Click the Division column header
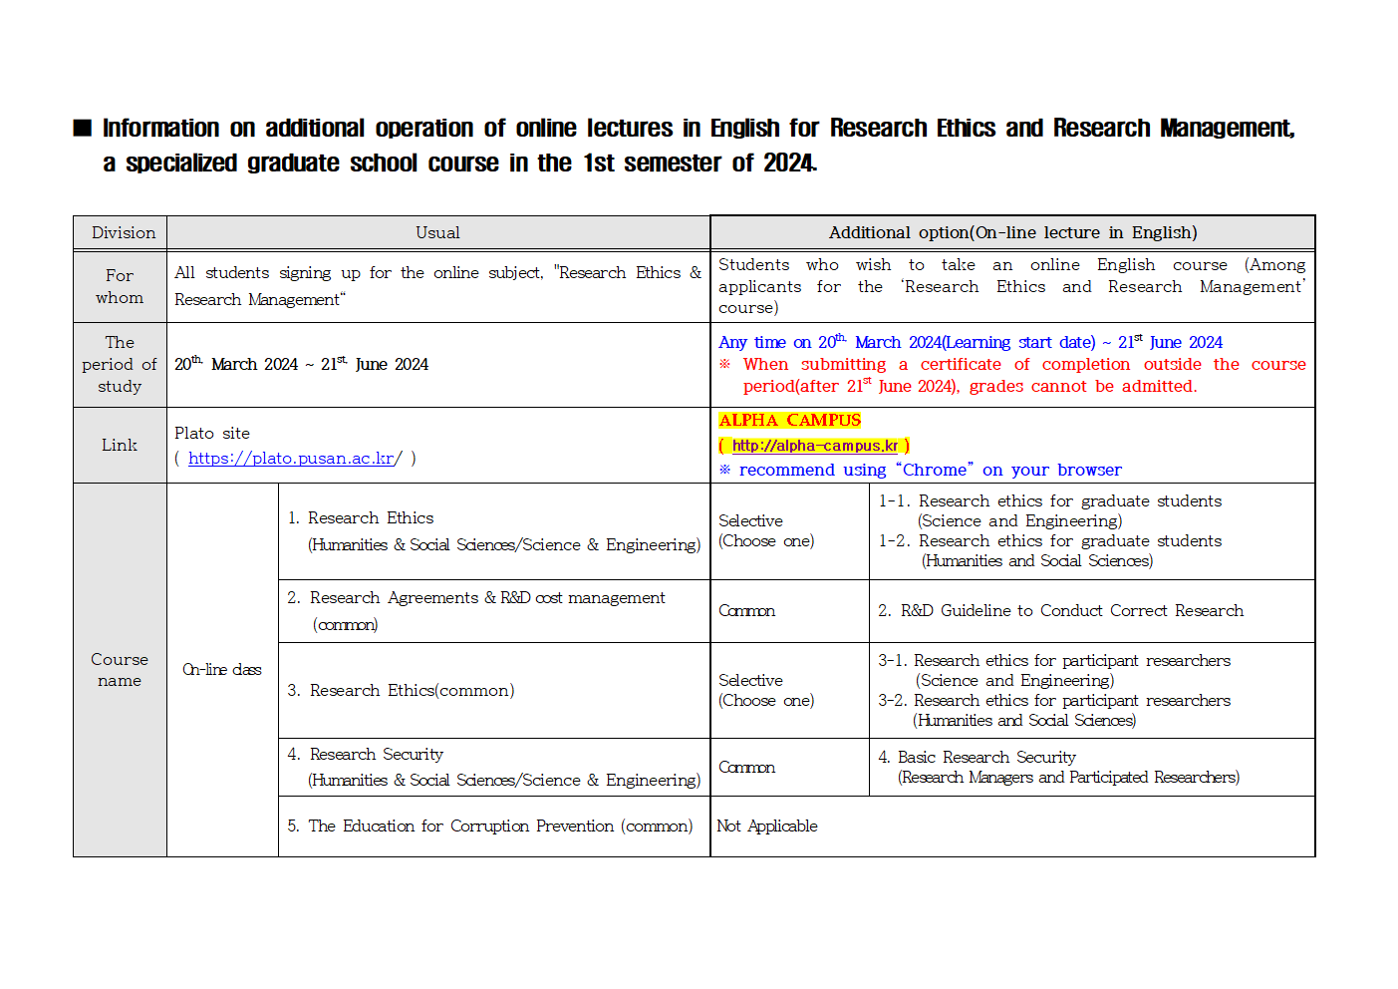click(x=124, y=233)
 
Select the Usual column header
click(x=437, y=233)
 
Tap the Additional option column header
click(x=1012, y=233)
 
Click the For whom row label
click(x=120, y=287)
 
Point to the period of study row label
click(x=120, y=365)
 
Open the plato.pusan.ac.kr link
click(x=293, y=459)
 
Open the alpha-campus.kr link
click(x=814, y=446)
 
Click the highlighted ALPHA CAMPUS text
click(x=789, y=421)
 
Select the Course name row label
click(x=120, y=670)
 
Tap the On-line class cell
click(x=222, y=670)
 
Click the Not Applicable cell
click(x=767, y=826)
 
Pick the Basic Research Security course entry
click(x=1058, y=767)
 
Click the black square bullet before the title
click(x=83, y=129)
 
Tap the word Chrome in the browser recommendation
click(x=935, y=471)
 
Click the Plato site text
click(x=212, y=434)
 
